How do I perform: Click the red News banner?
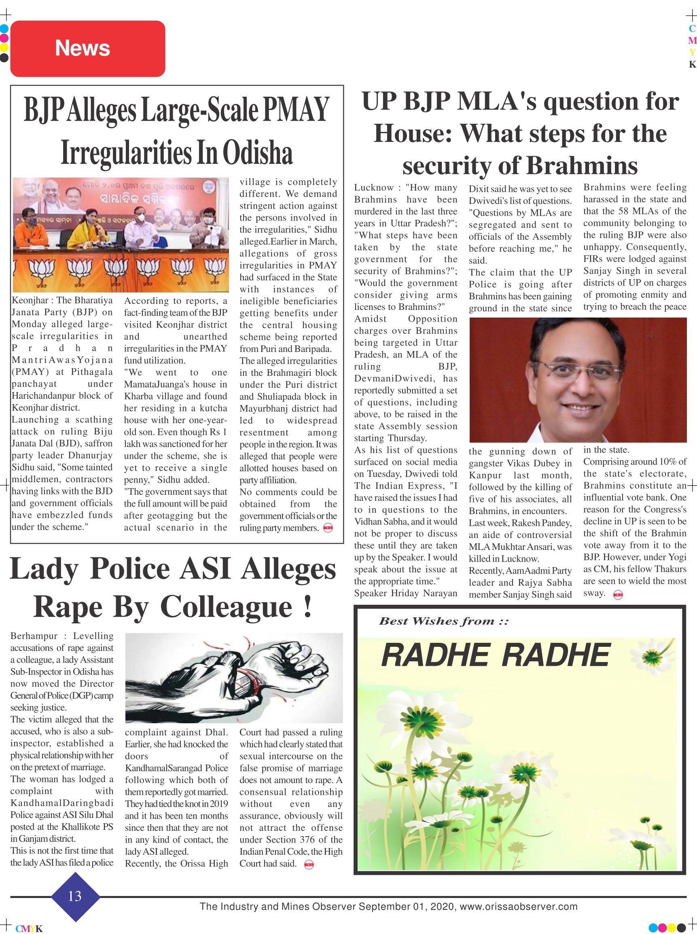87,49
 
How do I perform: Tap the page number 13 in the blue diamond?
75,896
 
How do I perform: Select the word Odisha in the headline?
257,153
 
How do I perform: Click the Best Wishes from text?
443,621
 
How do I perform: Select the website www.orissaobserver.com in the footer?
519,906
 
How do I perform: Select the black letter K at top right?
692,65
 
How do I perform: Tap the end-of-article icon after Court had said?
309,864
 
